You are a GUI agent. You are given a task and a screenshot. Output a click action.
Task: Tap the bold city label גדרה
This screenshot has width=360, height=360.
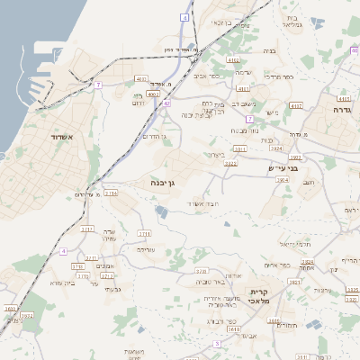[x=341, y=109]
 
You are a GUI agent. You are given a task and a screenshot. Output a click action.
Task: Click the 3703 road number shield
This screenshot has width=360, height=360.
[x=201, y=270]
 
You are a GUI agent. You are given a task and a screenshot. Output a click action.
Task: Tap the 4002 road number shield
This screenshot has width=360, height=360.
[x=153, y=93]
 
